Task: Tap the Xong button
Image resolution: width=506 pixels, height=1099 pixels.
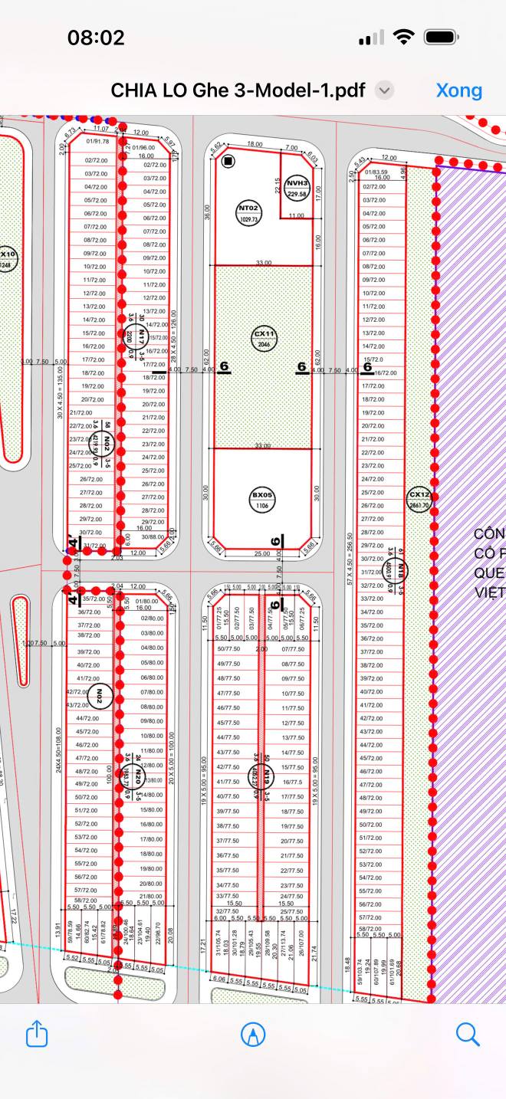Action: click(x=458, y=90)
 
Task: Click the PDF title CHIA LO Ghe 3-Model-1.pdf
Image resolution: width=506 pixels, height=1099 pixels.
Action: click(x=239, y=90)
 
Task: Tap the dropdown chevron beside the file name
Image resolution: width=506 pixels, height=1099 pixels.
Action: click(x=385, y=90)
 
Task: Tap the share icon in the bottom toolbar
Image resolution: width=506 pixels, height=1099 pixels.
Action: click(x=37, y=1034)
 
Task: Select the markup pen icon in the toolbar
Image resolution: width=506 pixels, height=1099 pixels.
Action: click(x=252, y=1034)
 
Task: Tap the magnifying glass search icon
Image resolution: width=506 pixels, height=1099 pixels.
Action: click(x=467, y=1034)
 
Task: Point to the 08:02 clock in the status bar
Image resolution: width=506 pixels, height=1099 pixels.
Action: click(x=96, y=38)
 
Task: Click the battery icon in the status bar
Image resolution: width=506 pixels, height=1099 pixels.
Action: click(x=441, y=38)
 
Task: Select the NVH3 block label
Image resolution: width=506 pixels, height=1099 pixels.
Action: click(x=297, y=184)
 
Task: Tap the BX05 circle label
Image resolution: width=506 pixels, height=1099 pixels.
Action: click(x=263, y=500)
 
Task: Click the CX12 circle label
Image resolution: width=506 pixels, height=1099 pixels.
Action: click(x=419, y=500)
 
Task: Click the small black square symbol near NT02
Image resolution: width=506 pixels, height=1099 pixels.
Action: click(x=228, y=161)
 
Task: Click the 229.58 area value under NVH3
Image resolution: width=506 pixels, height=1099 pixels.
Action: click(x=297, y=195)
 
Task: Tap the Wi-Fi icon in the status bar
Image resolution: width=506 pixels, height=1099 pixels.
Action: click(x=402, y=38)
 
